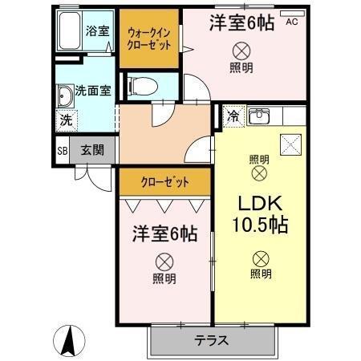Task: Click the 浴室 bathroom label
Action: click(x=99, y=31)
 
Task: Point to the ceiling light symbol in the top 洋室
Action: click(x=239, y=50)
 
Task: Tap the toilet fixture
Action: click(x=144, y=84)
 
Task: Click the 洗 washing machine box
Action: click(x=63, y=121)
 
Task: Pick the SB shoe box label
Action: click(x=62, y=150)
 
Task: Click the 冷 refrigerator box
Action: click(x=233, y=116)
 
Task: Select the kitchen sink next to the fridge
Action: click(x=260, y=117)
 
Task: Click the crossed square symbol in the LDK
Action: click(x=288, y=144)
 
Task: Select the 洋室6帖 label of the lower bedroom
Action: click(x=164, y=235)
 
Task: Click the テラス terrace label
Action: click(x=211, y=340)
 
